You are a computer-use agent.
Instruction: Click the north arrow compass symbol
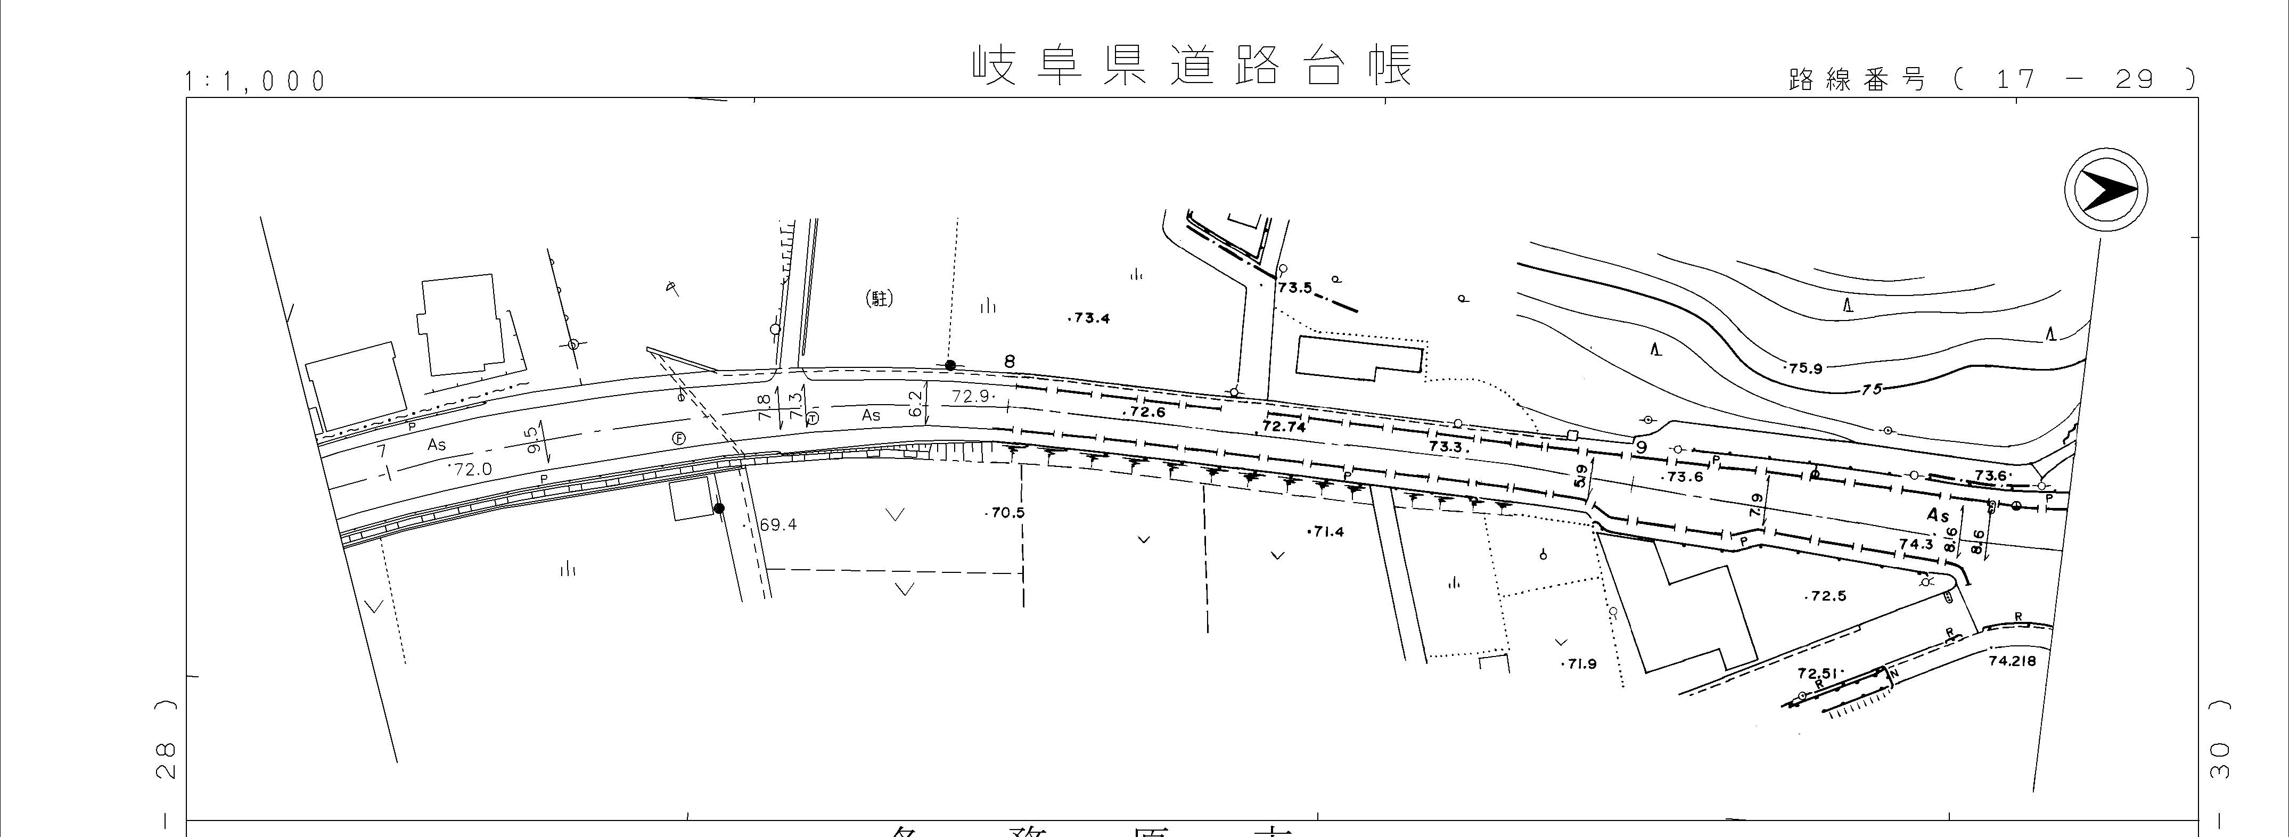pyautogui.click(x=2105, y=191)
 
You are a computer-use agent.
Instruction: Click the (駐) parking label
pyautogui.click(x=879, y=299)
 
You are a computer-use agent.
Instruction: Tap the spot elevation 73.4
pyautogui.click(x=1090, y=318)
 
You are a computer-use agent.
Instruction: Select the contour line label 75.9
pyautogui.click(x=1804, y=368)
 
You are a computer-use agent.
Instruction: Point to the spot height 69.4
pyautogui.click(x=777, y=525)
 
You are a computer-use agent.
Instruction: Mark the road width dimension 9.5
pyautogui.click(x=533, y=440)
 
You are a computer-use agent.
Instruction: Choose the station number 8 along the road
pyautogui.click(x=1010, y=362)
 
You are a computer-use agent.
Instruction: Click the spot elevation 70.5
pyautogui.click(x=1007, y=513)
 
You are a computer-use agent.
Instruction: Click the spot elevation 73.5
pyautogui.click(x=1295, y=288)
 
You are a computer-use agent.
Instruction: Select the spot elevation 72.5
pyautogui.click(x=1827, y=596)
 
